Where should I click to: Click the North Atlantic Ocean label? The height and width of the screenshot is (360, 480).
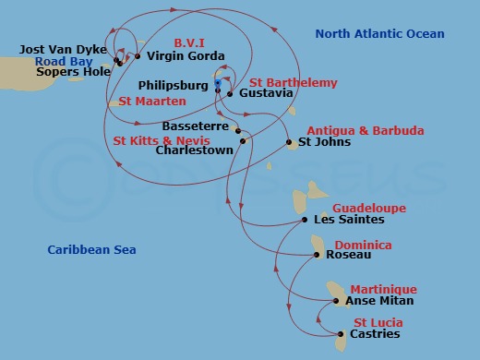tap(379, 34)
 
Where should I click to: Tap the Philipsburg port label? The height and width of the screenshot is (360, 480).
tap(174, 85)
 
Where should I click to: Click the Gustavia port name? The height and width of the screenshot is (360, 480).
tap(267, 94)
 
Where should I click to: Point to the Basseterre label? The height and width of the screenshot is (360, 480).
tap(194, 126)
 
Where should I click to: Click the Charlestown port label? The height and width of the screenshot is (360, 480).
tap(194, 150)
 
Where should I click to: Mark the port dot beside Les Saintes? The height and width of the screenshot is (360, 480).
tap(305, 220)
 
